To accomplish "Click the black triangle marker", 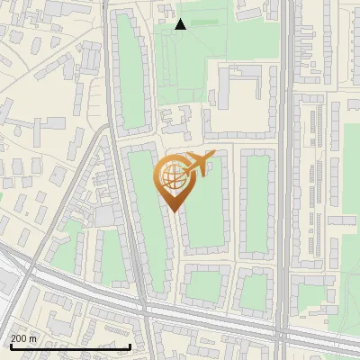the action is (x=180, y=24).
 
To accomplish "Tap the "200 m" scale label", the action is (x=24, y=337).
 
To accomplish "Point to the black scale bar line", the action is (x=70, y=346).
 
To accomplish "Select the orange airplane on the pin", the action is (x=199, y=163).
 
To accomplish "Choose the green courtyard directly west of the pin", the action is (x=144, y=216).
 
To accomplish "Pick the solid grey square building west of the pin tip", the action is (x=105, y=215).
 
